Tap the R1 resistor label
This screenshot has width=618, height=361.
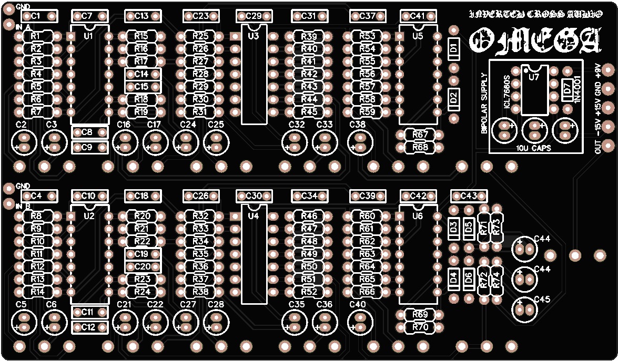(x=36, y=36)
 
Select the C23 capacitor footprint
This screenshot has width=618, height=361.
(x=200, y=16)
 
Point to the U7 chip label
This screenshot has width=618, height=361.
(x=534, y=77)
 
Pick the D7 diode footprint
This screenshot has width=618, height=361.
(x=566, y=90)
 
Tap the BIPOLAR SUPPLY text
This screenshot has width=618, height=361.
(x=484, y=103)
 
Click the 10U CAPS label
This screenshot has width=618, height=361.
(x=534, y=148)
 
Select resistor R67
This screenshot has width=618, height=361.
(x=420, y=135)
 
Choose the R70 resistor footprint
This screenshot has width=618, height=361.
(x=420, y=327)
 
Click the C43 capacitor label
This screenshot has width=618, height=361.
(x=468, y=196)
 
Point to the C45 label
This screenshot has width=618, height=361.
(x=542, y=300)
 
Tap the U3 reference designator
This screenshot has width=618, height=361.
(x=254, y=36)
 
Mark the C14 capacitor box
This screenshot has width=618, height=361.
(x=141, y=74)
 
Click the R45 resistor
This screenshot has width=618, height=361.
(x=309, y=112)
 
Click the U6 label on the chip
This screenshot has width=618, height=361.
(x=418, y=216)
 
